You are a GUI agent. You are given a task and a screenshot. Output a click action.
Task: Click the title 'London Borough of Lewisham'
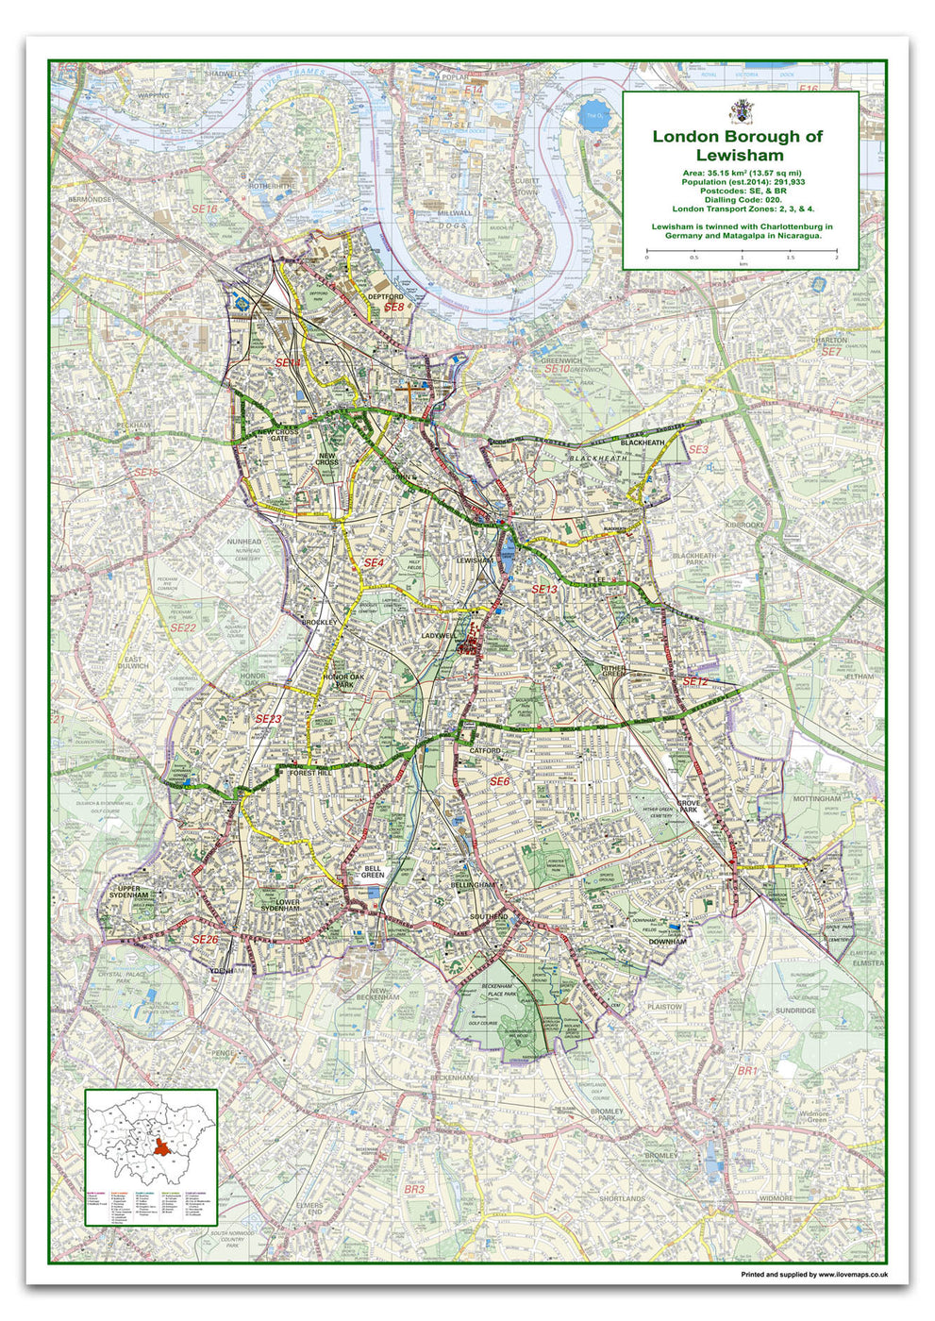click(x=739, y=145)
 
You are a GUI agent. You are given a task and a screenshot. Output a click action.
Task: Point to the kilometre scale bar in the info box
click(x=741, y=252)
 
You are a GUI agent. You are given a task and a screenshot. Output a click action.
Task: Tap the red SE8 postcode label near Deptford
click(x=393, y=308)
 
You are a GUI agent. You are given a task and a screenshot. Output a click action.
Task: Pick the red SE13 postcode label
click(x=544, y=590)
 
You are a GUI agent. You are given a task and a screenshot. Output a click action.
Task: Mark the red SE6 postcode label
click(x=499, y=781)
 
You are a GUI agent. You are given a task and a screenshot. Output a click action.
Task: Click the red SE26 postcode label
click(x=206, y=940)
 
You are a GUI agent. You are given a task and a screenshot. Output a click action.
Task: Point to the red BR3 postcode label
click(x=414, y=1190)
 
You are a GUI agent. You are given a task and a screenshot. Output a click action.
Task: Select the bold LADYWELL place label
click(x=440, y=635)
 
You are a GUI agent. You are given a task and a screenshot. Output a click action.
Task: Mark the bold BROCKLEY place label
click(x=319, y=623)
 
